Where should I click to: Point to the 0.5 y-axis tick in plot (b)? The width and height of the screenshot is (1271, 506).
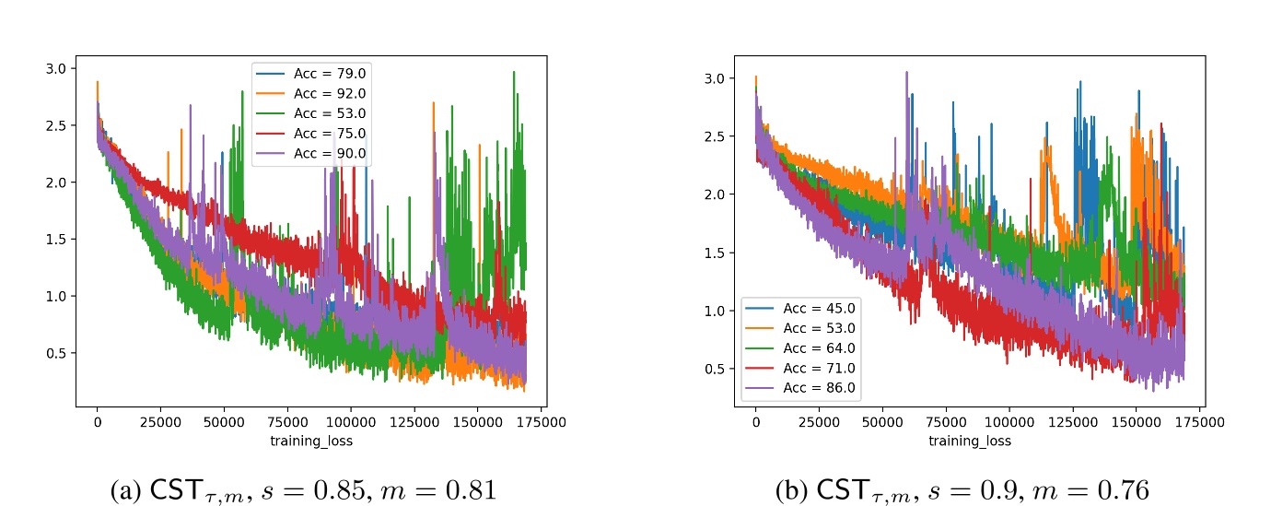click(x=713, y=369)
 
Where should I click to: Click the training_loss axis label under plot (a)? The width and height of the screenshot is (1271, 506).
click(x=311, y=441)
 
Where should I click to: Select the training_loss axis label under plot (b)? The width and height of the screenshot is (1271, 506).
click(x=970, y=441)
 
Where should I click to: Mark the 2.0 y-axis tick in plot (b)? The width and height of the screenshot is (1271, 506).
click(x=713, y=194)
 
